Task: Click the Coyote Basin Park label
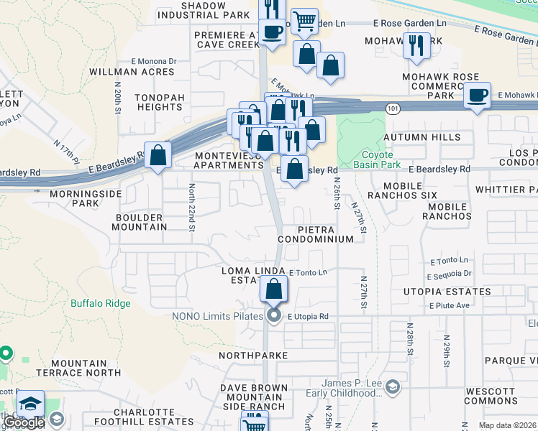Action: [378, 159]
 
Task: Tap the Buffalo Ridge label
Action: [101, 303]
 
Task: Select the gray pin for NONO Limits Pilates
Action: [273, 316]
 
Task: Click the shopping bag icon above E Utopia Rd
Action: [274, 290]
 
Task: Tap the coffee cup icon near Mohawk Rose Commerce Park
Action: [477, 95]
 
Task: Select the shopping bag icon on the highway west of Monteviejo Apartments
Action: [158, 154]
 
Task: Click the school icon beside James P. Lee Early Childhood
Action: [393, 389]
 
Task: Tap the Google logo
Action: [24, 423]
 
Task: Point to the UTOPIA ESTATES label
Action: [447, 292]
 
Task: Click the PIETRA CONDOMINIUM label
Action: [316, 233]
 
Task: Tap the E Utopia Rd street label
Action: [308, 316]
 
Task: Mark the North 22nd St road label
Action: [192, 208]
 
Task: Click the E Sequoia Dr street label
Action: [449, 274]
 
